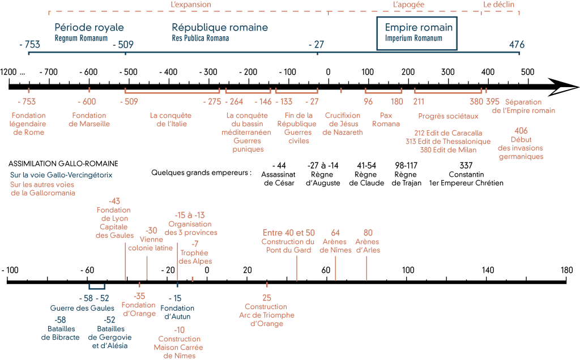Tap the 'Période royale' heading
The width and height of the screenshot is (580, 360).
pyautogui.click(x=89, y=28)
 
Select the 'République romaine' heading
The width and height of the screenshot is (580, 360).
pyautogui.click(x=220, y=28)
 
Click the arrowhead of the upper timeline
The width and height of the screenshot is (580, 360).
pyautogui.click(x=566, y=87)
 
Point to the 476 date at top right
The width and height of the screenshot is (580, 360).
pyautogui.click(x=517, y=45)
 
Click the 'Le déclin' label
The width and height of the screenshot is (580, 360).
pyautogui.click(x=500, y=5)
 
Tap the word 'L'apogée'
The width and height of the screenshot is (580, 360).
pyautogui.click(x=408, y=5)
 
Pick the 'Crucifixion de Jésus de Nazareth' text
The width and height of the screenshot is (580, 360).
pyautogui.click(x=343, y=124)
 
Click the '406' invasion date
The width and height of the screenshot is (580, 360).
pyautogui.click(x=521, y=130)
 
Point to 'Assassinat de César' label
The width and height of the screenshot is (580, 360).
pyautogui.click(x=278, y=179)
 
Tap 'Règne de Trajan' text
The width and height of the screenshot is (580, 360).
pyautogui.click(x=406, y=179)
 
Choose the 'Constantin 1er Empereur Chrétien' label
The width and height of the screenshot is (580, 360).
pyautogui.click(x=466, y=179)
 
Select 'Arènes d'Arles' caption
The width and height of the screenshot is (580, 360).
pyautogui.click(x=368, y=246)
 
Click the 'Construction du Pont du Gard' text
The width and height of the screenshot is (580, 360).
pyautogui.click(x=288, y=246)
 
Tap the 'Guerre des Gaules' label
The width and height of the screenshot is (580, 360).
pyautogui.click(x=82, y=308)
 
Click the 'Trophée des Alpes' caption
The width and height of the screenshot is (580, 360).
pyautogui.click(x=195, y=257)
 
